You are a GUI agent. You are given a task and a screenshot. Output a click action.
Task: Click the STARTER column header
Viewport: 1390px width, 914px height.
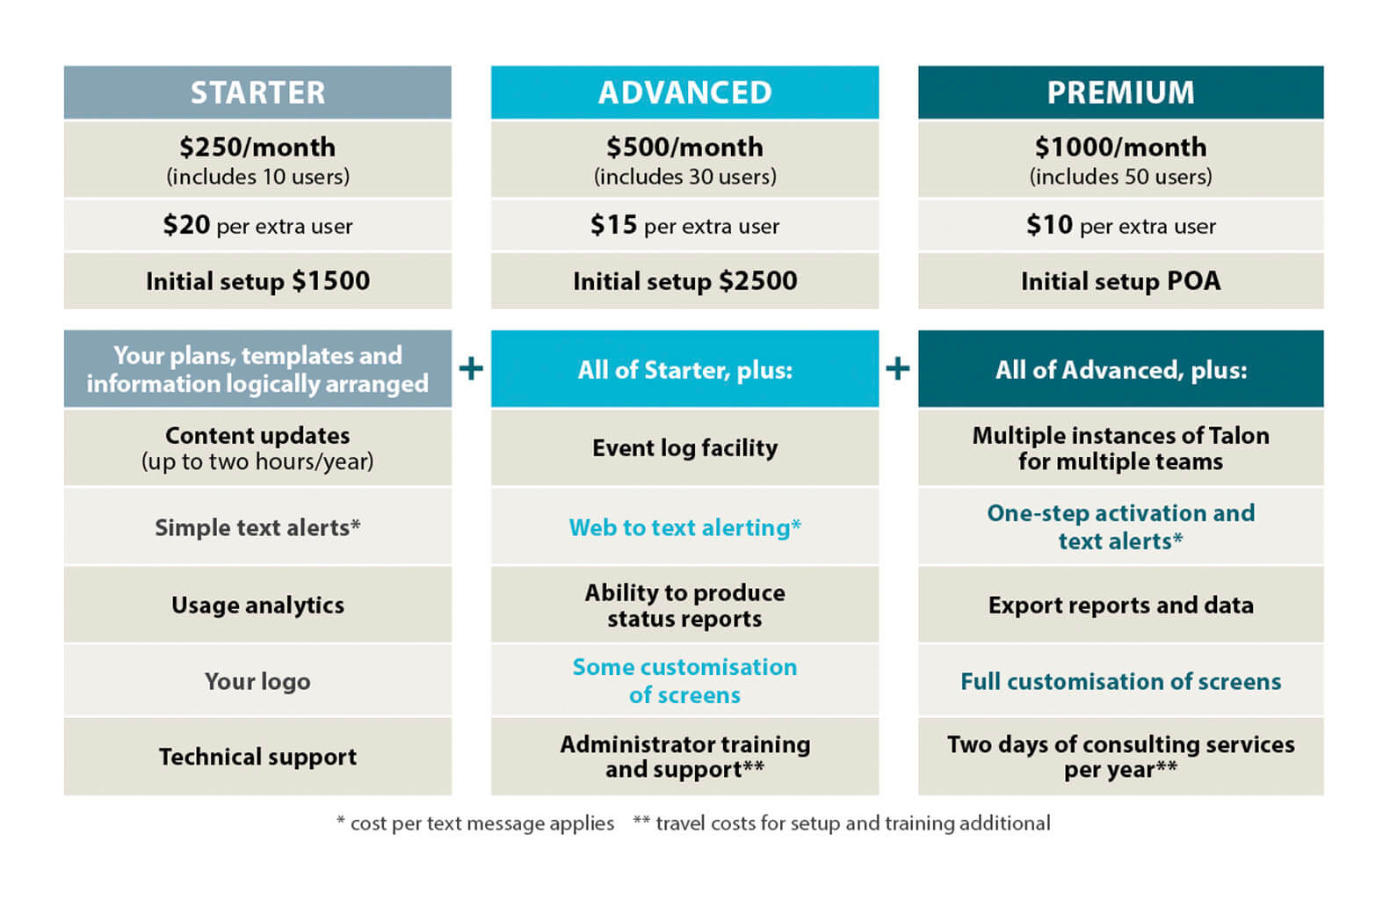click(257, 92)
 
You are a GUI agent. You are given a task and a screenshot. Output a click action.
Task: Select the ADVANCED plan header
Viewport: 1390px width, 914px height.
click(684, 92)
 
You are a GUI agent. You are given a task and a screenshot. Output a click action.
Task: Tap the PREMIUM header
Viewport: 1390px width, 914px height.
click(1120, 92)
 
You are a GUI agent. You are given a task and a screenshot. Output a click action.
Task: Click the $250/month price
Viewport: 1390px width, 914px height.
click(257, 147)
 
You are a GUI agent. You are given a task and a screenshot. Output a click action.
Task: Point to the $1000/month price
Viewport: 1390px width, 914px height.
click(1120, 147)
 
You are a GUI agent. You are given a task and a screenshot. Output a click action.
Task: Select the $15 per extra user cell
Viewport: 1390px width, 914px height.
click(684, 226)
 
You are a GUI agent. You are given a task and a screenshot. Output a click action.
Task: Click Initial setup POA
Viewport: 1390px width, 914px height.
click(1120, 281)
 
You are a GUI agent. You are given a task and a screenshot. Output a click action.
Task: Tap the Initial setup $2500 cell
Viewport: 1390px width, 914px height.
click(684, 281)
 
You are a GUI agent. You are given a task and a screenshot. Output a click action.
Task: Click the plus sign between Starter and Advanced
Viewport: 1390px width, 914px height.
click(471, 368)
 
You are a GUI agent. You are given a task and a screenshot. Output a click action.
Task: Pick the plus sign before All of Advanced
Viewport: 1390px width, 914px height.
click(897, 368)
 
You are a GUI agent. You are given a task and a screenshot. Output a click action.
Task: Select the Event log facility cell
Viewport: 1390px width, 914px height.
click(684, 448)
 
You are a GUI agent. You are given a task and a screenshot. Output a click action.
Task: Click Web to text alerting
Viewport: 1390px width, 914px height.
click(684, 527)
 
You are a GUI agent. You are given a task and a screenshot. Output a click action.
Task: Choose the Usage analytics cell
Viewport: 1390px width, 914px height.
click(257, 605)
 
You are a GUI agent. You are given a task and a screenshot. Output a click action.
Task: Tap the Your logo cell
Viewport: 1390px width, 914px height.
click(257, 681)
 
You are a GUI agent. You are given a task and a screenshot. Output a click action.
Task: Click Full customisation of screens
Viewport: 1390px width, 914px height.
click(1120, 681)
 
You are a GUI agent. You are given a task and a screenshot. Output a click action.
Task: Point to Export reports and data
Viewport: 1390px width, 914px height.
click(1120, 605)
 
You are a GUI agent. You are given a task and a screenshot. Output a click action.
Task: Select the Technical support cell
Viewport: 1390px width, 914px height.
click(257, 757)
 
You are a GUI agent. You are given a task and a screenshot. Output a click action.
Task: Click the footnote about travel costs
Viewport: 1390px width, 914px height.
click(842, 823)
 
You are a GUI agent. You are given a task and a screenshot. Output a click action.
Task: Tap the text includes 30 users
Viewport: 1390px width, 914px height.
click(684, 177)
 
